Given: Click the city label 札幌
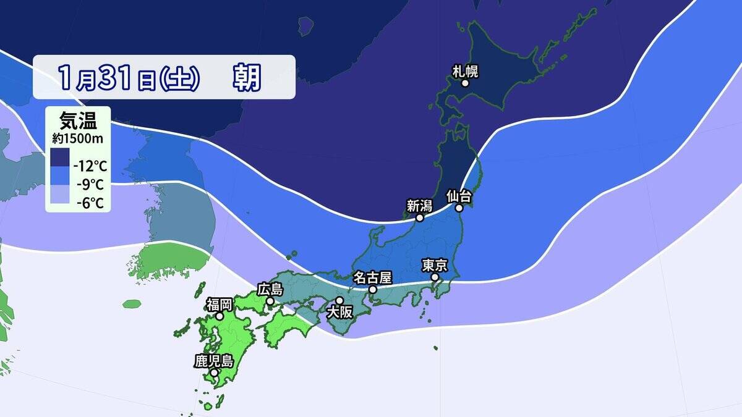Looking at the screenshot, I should point(466,71).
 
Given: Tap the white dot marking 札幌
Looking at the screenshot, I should point(465,83).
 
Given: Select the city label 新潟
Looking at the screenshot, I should point(419,206).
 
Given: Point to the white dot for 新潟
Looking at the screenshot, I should point(419,218).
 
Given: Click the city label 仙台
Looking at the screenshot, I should point(459,196).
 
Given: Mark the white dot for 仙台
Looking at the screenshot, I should point(459,209).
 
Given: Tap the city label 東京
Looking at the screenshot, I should point(435,265).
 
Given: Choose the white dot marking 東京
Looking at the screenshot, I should point(435,277).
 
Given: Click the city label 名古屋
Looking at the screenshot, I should point(372,277).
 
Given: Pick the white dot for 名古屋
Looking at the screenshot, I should point(372,289).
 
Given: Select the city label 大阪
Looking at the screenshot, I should point(339,313).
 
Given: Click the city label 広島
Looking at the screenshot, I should point(270,289).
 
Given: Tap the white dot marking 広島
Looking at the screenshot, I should point(270,301).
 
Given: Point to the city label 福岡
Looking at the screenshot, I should point(219,304).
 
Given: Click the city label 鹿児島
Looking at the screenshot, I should point(213,361).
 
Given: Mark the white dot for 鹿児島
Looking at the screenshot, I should point(213,373).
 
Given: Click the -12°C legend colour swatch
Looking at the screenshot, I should point(60,158).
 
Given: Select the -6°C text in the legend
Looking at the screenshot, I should point(88,202).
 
